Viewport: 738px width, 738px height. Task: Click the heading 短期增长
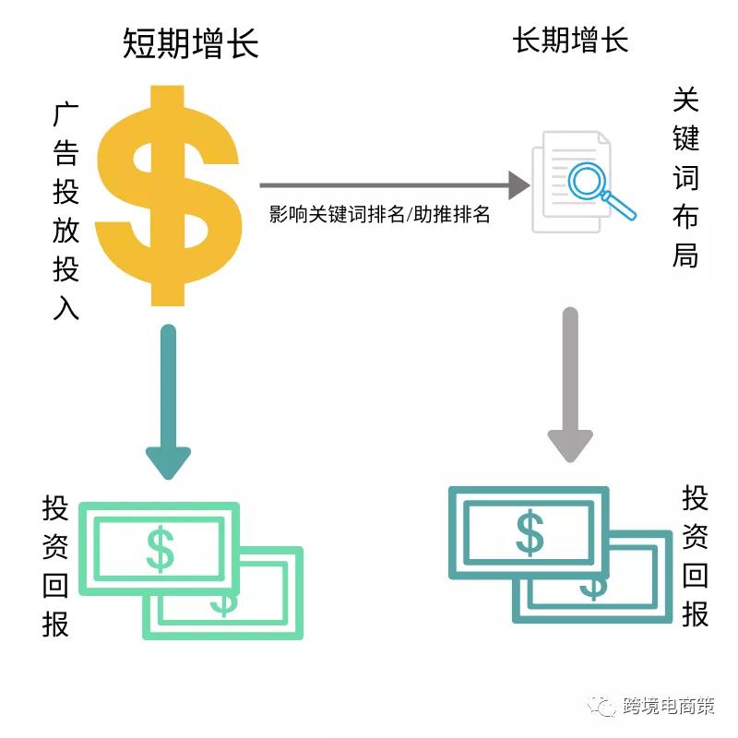tap(191, 43)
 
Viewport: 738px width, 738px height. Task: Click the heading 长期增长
tap(570, 40)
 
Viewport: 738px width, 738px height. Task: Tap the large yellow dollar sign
tap(169, 196)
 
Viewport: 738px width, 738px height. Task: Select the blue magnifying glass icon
tap(601, 189)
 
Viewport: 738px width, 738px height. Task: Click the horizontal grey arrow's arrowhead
tap(519, 185)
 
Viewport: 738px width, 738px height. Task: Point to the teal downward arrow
tap(168, 401)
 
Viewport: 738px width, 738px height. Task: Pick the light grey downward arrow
tap(570, 385)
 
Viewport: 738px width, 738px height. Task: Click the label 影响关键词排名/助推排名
tap(379, 214)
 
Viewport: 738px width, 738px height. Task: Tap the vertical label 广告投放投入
tap(65, 211)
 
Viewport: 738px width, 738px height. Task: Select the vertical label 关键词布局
tap(685, 177)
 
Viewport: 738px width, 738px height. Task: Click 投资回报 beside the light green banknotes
tap(55, 565)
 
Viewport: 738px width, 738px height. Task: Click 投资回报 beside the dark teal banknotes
tap(696, 556)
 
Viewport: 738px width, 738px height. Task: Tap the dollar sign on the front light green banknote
tap(160, 549)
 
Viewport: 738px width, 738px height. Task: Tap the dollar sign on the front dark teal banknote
tap(530, 533)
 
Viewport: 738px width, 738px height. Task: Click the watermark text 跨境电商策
tap(669, 706)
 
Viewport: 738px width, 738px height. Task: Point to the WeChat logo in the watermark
tap(602, 706)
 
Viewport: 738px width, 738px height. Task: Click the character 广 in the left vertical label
tap(65, 114)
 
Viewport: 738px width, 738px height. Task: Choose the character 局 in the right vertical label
tap(685, 256)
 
